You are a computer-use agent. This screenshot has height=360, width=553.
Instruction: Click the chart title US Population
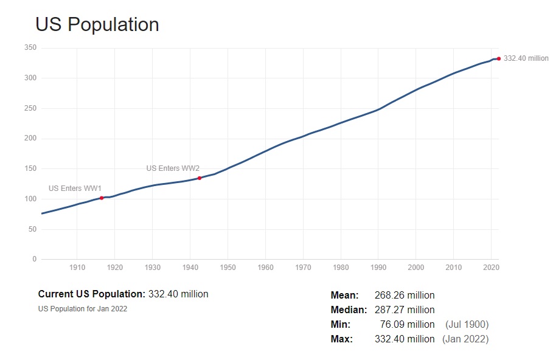(97, 24)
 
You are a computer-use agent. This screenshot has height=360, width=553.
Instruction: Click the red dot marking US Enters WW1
(102, 198)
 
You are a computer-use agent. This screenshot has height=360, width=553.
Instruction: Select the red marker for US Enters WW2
(200, 178)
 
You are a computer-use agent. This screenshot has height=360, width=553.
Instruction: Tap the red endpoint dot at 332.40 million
(499, 58)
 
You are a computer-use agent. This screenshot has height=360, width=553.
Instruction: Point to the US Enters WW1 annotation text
(75, 189)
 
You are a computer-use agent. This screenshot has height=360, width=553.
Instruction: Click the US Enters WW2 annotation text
(173, 168)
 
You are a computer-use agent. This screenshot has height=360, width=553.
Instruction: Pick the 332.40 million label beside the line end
(526, 58)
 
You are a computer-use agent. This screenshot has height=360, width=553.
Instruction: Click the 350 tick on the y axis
(30, 47)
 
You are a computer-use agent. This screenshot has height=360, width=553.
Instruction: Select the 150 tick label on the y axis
(30, 168)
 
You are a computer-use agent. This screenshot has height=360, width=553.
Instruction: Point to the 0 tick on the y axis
(35, 260)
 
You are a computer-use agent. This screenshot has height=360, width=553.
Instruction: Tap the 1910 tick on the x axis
(77, 267)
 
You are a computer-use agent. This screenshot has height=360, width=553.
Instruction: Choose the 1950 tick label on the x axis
(228, 267)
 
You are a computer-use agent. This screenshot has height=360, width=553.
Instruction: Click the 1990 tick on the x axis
(378, 267)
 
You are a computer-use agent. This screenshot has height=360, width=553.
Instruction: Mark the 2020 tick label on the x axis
(492, 267)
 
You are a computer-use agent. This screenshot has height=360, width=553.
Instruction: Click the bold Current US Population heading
(92, 294)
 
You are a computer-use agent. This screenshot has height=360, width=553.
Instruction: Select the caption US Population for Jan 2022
(83, 308)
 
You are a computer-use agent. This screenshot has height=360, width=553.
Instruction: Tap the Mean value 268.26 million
(405, 296)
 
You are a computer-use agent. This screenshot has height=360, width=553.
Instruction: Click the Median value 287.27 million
(405, 310)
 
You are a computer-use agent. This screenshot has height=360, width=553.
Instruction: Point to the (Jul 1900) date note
(467, 325)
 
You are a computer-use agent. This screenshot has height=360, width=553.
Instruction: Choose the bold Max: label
(342, 339)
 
